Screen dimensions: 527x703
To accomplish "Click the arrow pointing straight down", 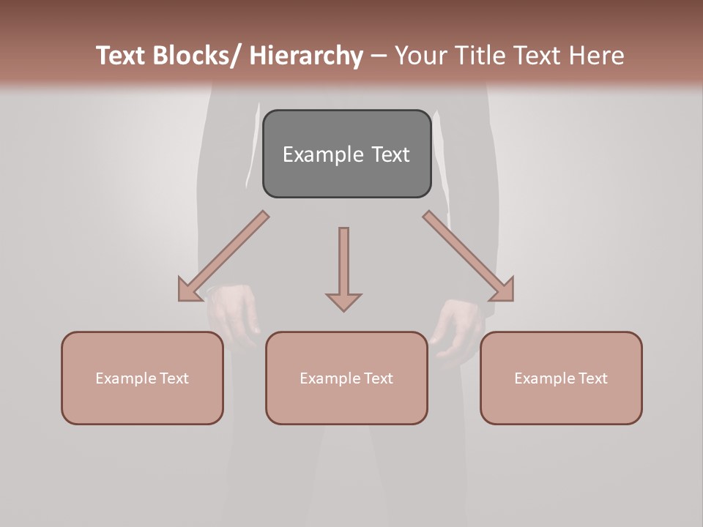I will tap(343, 267).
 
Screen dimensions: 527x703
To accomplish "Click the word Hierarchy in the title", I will tap(306, 56).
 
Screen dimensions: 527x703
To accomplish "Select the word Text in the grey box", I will tap(391, 154).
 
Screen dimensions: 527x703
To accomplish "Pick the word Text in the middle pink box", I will tap(378, 378).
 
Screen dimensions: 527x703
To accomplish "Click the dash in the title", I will tap(379, 56).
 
